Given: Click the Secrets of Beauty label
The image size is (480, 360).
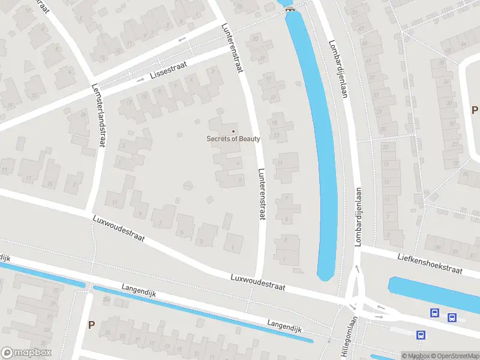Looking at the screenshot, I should [x=233, y=139].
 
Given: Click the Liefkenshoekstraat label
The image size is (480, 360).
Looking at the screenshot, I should [x=430, y=263].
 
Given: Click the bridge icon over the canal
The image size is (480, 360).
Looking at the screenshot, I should [x=290, y=8].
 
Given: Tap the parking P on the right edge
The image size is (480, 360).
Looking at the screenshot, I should [x=474, y=110].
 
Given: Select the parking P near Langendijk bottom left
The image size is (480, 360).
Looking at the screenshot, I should [x=91, y=325].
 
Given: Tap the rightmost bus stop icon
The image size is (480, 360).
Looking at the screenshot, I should [x=452, y=317].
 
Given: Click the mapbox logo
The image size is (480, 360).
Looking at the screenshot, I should [x=26, y=353].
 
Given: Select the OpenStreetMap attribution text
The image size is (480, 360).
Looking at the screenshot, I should [x=454, y=356].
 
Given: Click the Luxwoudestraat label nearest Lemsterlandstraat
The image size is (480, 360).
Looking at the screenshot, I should [x=119, y=228].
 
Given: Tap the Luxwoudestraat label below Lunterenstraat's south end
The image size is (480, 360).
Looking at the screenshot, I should [x=258, y=283].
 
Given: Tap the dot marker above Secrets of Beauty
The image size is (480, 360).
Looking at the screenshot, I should [x=233, y=131].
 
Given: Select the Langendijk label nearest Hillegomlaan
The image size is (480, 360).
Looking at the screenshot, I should [x=285, y=326].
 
